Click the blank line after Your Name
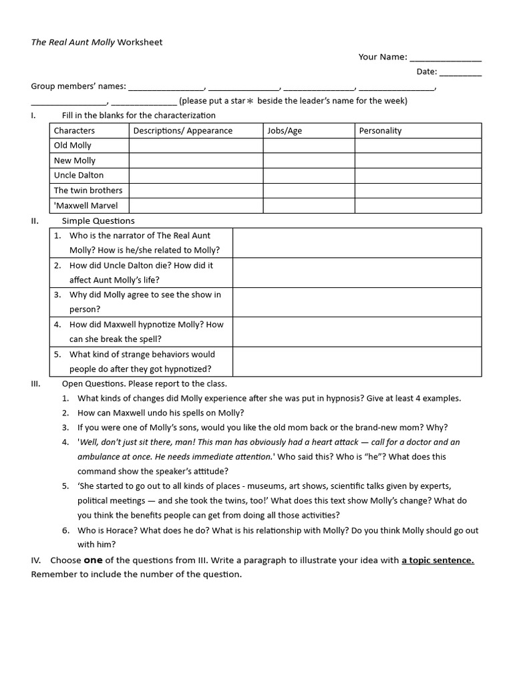point(446,58)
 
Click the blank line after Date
point(460,73)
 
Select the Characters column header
point(74,131)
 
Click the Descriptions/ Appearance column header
point(183,131)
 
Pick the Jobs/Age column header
point(285,131)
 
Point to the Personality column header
point(380,131)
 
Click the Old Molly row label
point(73,146)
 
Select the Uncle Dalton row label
point(79,176)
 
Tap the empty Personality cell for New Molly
point(417,161)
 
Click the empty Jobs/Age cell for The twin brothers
point(309,190)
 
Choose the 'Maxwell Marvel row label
point(83,206)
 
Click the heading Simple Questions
point(98,221)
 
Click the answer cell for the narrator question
point(357,243)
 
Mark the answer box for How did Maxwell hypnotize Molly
point(357,332)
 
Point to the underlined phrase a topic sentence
point(438,560)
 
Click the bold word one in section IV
point(93,560)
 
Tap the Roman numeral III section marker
point(36,384)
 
